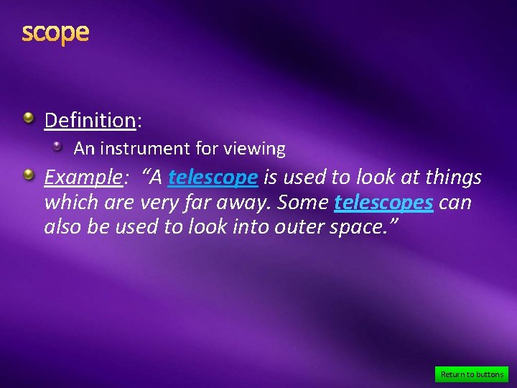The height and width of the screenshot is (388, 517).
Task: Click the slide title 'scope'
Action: point(55,32)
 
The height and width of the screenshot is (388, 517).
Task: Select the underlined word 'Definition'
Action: point(90,120)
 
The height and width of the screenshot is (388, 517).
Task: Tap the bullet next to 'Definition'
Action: point(27,116)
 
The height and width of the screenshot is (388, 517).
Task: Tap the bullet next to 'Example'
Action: point(27,174)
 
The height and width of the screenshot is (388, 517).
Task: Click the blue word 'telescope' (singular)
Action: point(213,177)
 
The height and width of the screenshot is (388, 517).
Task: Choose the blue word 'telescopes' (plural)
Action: point(383,203)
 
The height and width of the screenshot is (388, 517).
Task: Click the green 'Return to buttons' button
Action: point(472,374)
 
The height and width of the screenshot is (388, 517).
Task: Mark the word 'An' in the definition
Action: point(83,149)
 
